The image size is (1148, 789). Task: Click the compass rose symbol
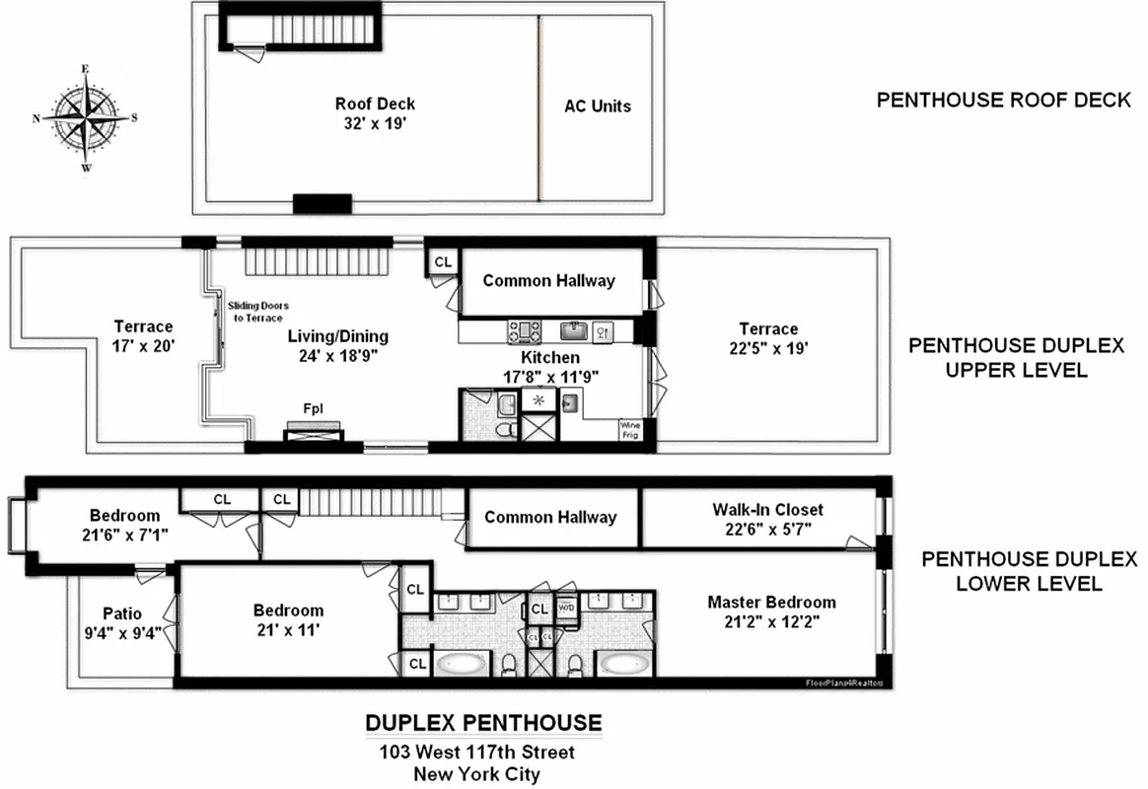(85, 117)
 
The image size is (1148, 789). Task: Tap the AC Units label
(597, 106)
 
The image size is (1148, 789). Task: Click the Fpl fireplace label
(313, 407)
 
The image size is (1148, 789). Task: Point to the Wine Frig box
(630, 430)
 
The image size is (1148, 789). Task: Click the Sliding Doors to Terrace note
(257, 312)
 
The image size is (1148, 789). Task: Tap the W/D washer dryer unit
(566, 609)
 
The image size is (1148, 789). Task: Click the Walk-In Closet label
(767, 510)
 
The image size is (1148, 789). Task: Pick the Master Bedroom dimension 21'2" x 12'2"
(771, 621)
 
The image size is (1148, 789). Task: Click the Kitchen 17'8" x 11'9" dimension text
(550, 376)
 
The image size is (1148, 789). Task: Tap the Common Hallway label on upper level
(548, 281)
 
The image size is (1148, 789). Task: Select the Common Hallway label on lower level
(550, 517)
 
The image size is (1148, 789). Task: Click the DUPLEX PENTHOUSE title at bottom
(483, 722)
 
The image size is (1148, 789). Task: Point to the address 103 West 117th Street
(477, 753)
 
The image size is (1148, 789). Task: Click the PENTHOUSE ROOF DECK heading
(1003, 101)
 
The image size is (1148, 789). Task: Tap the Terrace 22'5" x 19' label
(768, 338)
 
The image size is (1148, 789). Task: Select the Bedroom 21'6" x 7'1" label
(124, 525)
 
